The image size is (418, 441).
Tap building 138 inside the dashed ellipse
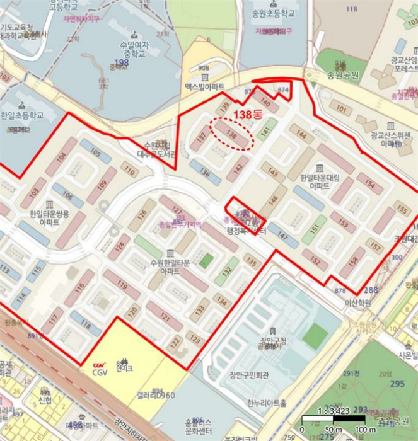231,134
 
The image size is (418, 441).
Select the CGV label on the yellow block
100,371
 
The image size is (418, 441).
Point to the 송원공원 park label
343,75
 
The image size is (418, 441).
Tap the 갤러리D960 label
155,395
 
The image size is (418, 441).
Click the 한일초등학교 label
22,116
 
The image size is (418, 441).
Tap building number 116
79,287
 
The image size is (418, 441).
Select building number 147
283,236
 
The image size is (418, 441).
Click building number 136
204,171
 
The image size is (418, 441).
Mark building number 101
341,108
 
